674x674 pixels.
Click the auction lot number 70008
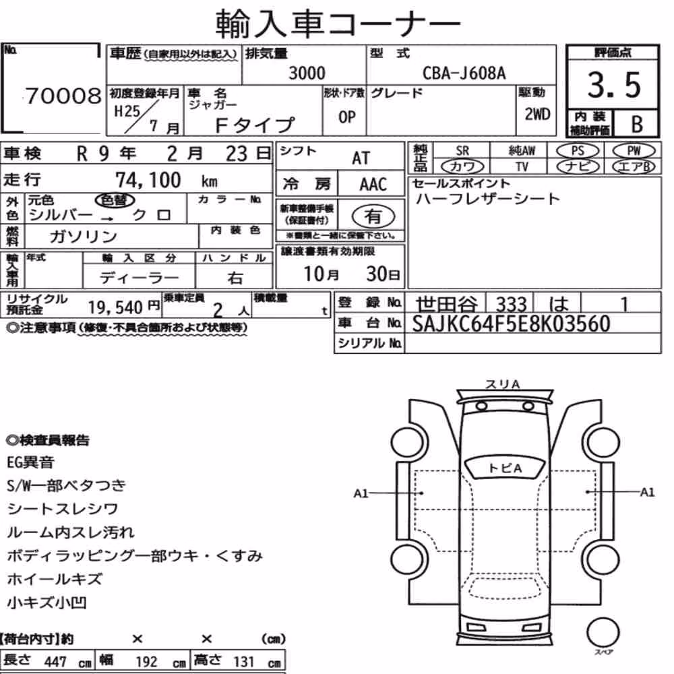[x=63, y=96]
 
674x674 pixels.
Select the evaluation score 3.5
[x=614, y=85]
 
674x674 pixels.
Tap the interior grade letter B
[x=637, y=124]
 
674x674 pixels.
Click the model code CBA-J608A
[x=464, y=73]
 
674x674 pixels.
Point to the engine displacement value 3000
[x=307, y=73]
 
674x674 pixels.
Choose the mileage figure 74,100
[x=148, y=180]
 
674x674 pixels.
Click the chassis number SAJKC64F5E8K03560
[x=511, y=324]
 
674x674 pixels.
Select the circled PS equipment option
[x=578, y=151]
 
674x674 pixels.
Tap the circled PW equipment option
[x=634, y=151]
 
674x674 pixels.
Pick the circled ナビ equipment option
[x=578, y=166]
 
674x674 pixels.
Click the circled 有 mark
[x=373, y=216]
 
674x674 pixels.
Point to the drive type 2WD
[x=537, y=115]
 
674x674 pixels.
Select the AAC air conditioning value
[x=373, y=185]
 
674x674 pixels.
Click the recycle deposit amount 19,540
[x=115, y=307]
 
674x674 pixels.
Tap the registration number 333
[x=511, y=304]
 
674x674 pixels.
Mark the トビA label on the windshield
[x=505, y=468]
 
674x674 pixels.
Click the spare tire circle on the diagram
[x=603, y=633]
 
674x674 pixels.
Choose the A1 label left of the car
[x=361, y=493]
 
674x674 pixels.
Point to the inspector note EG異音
[x=30, y=462]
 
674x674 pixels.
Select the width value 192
[x=146, y=662]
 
